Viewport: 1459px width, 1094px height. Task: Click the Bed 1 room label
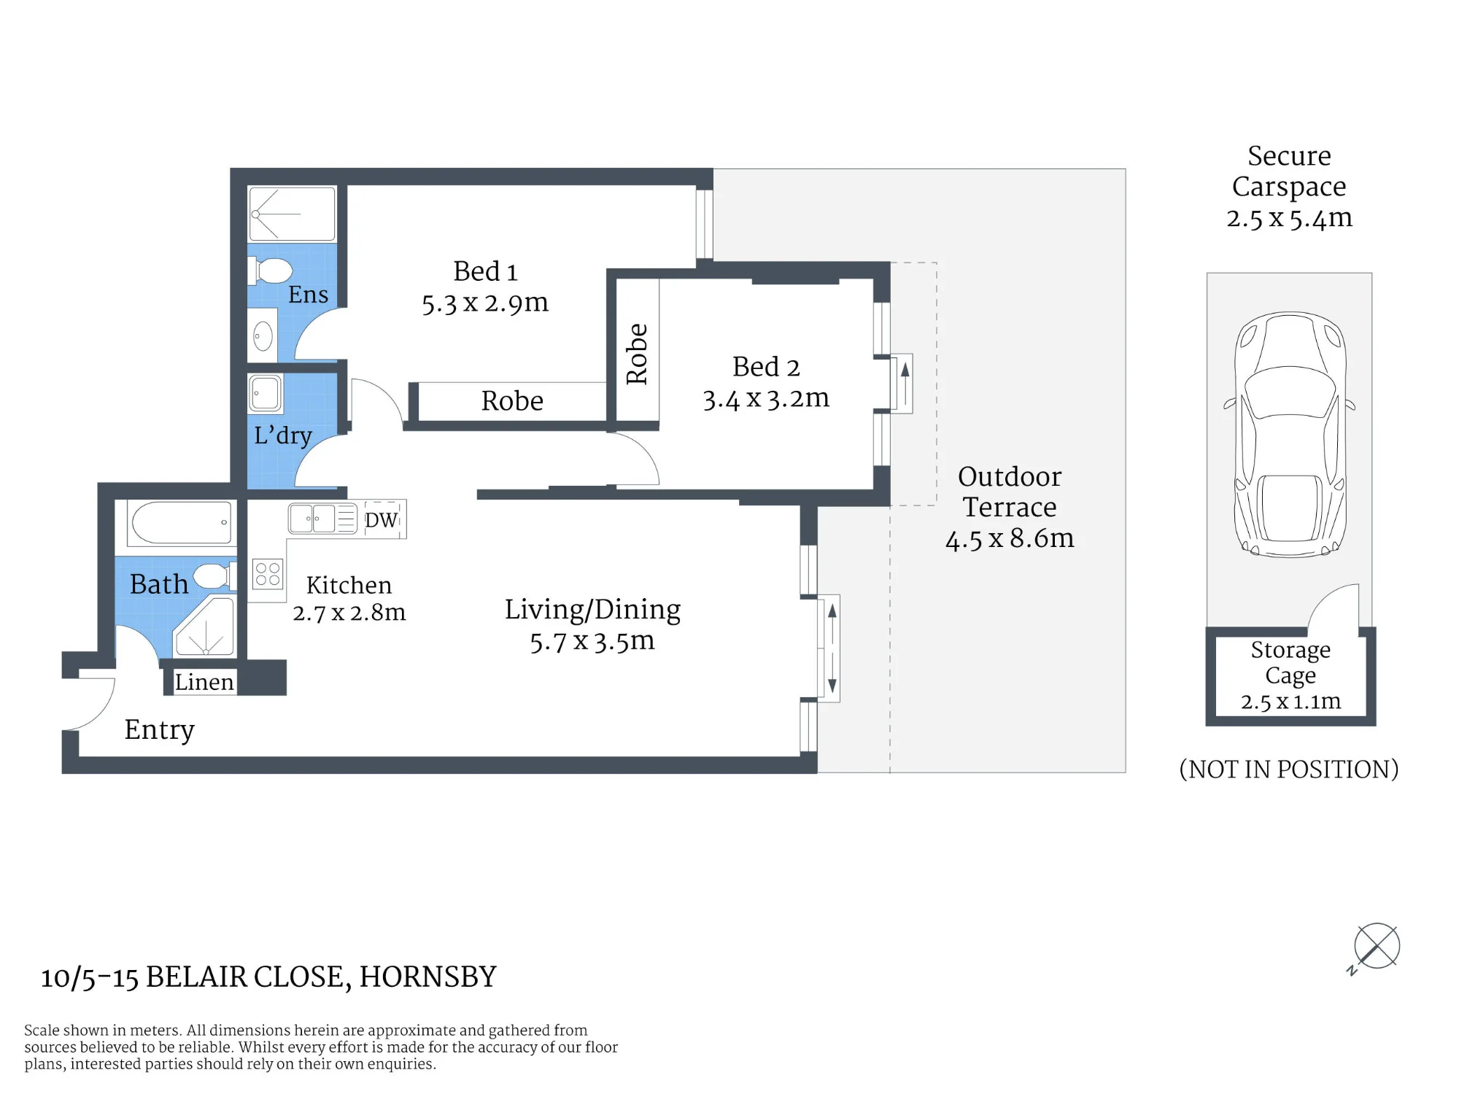(485, 271)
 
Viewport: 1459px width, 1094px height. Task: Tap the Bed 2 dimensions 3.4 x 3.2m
(766, 399)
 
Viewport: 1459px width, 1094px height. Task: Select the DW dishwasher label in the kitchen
(382, 520)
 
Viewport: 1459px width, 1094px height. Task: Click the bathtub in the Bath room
(181, 522)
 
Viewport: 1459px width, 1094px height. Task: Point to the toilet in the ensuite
(271, 271)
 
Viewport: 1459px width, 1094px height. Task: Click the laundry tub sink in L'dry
(265, 393)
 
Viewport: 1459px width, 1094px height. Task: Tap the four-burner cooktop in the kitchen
(268, 574)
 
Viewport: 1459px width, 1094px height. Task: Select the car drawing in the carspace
(1290, 435)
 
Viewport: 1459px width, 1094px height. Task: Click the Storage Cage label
(1290, 662)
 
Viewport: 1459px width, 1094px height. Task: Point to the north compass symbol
(1376, 947)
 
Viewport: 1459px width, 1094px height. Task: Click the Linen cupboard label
(204, 682)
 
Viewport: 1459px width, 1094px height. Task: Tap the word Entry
(160, 730)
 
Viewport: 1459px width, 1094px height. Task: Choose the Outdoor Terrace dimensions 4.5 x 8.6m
(1010, 539)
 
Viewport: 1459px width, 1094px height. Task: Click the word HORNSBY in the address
(428, 977)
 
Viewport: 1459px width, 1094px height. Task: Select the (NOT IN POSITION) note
(1289, 769)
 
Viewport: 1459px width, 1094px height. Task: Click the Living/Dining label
(592, 610)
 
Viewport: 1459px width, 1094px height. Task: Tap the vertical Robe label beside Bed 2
(637, 354)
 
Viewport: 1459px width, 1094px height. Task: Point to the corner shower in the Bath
(205, 627)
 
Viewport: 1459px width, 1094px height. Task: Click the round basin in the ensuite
(263, 336)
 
